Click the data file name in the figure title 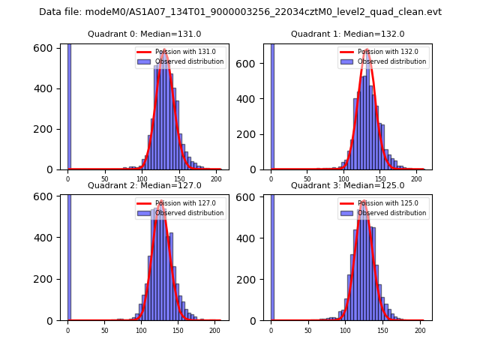pyautogui.click(x=240, y=12)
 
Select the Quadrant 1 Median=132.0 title pyautogui.click(x=347, y=34)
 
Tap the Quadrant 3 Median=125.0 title pyautogui.click(x=347, y=185)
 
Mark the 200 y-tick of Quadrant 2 pyautogui.click(x=46, y=279)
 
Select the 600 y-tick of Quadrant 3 pyautogui.click(x=248, y=196)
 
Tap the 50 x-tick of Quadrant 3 pyautogui.click(x=307, y=330)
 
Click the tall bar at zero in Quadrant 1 pyautogui.click(x=271, y=105)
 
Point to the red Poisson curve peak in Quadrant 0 pyautogui.click(x=163, y=51)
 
